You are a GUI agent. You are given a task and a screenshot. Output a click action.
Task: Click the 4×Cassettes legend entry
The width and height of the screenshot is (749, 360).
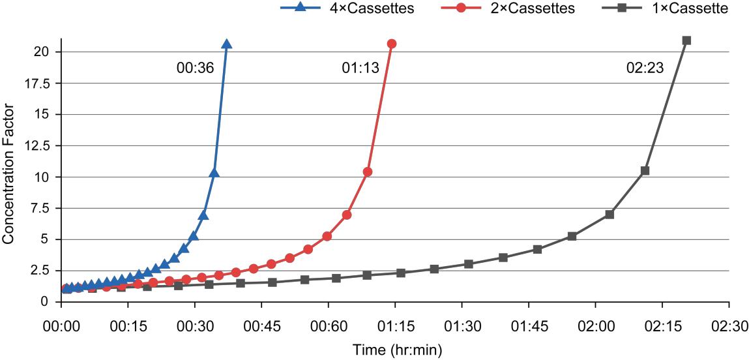(345, 8)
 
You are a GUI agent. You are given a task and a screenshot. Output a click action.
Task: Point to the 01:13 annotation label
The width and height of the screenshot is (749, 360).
(360, 68)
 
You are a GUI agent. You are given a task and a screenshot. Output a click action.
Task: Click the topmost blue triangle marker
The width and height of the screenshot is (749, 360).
(227, 44)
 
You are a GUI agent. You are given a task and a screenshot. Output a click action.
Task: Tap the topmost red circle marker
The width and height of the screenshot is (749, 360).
(392, 44)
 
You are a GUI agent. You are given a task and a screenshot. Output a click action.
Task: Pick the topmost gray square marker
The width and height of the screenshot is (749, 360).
(686, 40)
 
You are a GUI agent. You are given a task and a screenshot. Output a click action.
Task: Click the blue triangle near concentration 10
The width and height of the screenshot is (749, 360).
(214, 173)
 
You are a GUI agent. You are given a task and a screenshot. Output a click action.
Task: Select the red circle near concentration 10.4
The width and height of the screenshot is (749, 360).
(368, 172)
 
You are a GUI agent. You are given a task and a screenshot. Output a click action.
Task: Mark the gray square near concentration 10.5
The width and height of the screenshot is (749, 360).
(645, 171)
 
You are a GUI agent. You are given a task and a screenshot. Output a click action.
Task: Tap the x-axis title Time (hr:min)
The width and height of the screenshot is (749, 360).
(397, 350)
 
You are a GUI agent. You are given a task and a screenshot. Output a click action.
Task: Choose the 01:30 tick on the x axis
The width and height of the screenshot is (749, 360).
(462, 325)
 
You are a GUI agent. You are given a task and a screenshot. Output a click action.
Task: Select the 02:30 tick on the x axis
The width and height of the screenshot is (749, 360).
(729, 325)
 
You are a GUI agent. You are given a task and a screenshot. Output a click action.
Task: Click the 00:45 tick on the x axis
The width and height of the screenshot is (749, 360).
(261, 325)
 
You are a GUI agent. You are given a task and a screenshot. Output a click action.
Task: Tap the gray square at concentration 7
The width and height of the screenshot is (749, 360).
(609, 215)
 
